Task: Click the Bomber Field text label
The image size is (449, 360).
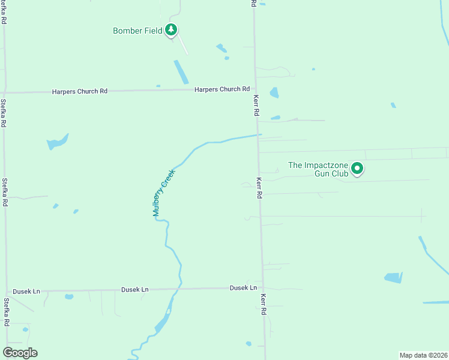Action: (x=137, y=31)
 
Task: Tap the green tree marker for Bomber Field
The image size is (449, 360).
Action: (x=172, y=29)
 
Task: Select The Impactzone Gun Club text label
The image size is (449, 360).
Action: (x=318, y=169)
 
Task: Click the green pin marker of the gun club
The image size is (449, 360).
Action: (x=357, y=169)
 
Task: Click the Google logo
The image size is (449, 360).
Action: (x=20, y=353)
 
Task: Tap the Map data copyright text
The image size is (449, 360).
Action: (x=424, y=355)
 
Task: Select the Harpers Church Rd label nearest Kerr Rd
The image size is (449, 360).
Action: (x=221, y=89)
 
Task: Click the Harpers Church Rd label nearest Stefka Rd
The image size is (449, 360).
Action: (x=80, y=91)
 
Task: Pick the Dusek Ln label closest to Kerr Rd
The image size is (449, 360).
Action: (x=243, y=288)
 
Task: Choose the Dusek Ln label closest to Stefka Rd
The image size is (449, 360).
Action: (x=28, y=291)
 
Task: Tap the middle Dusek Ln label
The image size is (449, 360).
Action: (x=135, y=290)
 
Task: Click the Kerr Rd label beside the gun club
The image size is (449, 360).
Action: (x=259, y=187)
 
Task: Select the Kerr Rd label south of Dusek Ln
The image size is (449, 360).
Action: (x=263, y=305)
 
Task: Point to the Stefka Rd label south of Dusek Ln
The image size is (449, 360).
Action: (x=7, y=311)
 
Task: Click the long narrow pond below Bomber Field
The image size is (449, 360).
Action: (x=181, y=72)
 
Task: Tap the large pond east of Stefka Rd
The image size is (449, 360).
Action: (x=57, y=142)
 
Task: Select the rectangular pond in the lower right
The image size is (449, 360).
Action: (x=393, y=278)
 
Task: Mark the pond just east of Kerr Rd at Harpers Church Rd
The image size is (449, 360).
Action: (x=274, y=92)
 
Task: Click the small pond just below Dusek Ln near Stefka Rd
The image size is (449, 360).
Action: (x=69, y=296)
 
